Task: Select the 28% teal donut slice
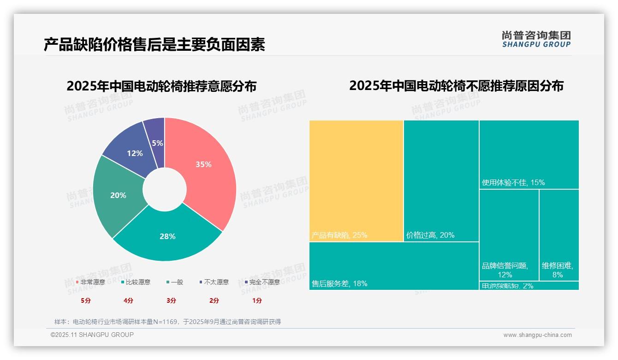point(167,236)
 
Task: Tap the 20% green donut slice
point(118,195)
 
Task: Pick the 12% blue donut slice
point(135,153)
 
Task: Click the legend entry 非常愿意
point(91,282)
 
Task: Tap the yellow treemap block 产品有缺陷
point(356,180)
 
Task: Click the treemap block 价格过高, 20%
point(441,180)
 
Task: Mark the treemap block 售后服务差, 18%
point(394,266)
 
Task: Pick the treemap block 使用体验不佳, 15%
point(529,154)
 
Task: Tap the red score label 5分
point(86,300)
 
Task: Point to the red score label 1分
point(257,300)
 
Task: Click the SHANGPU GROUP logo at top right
point(536,39)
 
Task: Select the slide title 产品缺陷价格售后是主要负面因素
point(154,45)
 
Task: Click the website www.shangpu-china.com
point(537,335)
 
